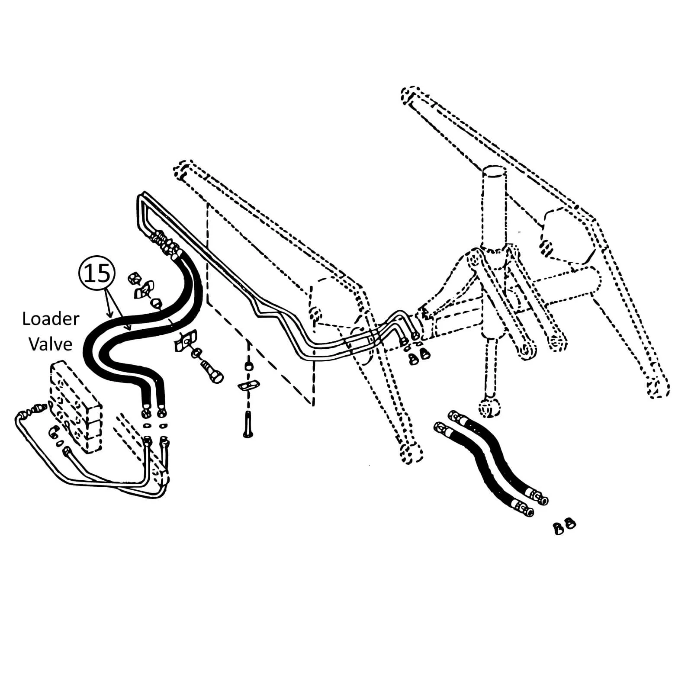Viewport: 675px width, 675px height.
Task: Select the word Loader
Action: pyautogui.click(x=51, y=319)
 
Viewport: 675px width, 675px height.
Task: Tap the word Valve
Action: pyautogui.click(x=51, y=344)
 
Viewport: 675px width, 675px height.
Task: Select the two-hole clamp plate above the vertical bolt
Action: pyautogui.click(x=248, y=384)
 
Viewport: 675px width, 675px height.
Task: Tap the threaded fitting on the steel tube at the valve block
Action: pyautogui.click(x=36, y=408)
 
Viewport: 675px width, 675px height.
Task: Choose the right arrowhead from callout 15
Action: pyautogui.click(x=129, y=328)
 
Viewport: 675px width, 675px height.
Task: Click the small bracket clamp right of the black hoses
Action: pyautogui.click(x=184, y=340)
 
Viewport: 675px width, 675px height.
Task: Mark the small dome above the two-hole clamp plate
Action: pyautogui.click(x=248, y=366)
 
